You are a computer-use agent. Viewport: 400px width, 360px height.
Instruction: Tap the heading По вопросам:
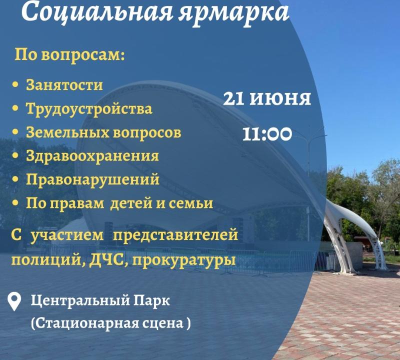pyautogui.click(x=69, y=55)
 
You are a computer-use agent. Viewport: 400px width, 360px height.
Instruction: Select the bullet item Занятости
pyautogui.click(x=64, y=85)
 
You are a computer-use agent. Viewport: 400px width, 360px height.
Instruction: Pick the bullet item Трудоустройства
pyautogui.click(x=89, y=109)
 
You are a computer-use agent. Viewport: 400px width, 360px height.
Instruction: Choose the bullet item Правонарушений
pyautogui.click(x=92, y=180)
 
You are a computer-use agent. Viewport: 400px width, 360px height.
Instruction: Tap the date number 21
pyautogui.click(x=233, y=98)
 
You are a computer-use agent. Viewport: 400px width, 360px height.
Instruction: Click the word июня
pyautogui.click(x=280, y=98)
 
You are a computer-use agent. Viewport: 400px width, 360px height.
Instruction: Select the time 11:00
pyautogui.click(x=267, y=134)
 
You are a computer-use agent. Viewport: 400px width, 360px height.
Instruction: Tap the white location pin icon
pyautogui.click(x=14, y=301)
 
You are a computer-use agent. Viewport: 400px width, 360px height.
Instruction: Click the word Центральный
pyautogui.click(x=80, y=301)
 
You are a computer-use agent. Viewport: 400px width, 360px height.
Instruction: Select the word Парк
pyautogui.click(x=152, y=301)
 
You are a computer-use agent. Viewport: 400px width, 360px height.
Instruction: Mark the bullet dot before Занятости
pyautogui.click(x=16, y=85)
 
